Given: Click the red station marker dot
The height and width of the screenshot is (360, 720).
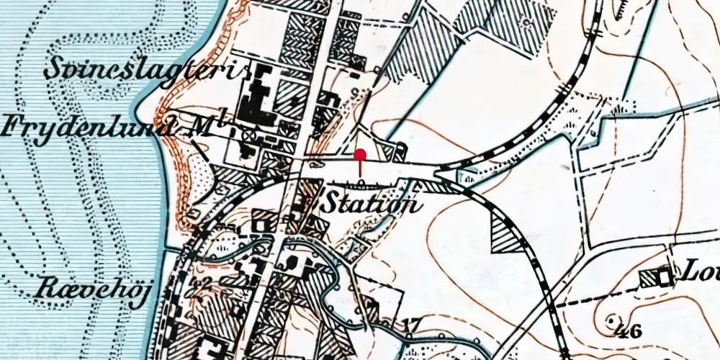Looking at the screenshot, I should coord(360,153).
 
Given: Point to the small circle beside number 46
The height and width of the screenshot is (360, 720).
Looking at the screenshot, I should coord(612,318).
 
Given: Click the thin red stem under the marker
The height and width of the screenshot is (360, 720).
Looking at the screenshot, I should coord(360,170).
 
